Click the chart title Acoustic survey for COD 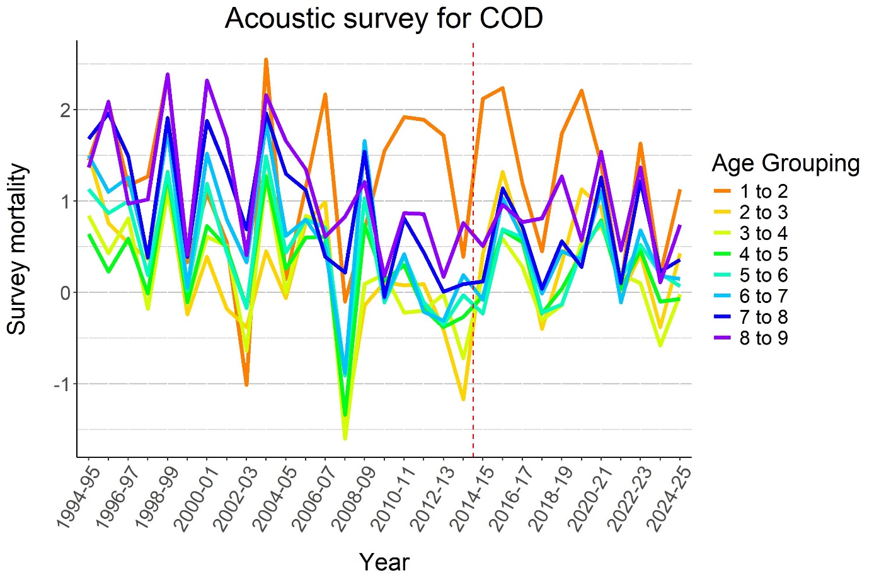point(384,18)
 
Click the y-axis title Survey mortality point(17,249)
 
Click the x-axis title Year point(384,562)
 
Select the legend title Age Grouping point(785,163)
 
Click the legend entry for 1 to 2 point(763,191)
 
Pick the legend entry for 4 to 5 point(763,254)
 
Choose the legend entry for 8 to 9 point(763,338)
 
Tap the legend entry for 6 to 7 point(763,296)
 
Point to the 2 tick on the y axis point(66,110)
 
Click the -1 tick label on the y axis point(62,384)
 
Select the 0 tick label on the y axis point(66,293)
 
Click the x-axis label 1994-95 point(73,498)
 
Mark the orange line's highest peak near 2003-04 point(266,60)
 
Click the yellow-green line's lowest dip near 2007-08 point(345,438)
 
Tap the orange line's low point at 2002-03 point(246,384)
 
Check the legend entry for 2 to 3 point(763,212)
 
